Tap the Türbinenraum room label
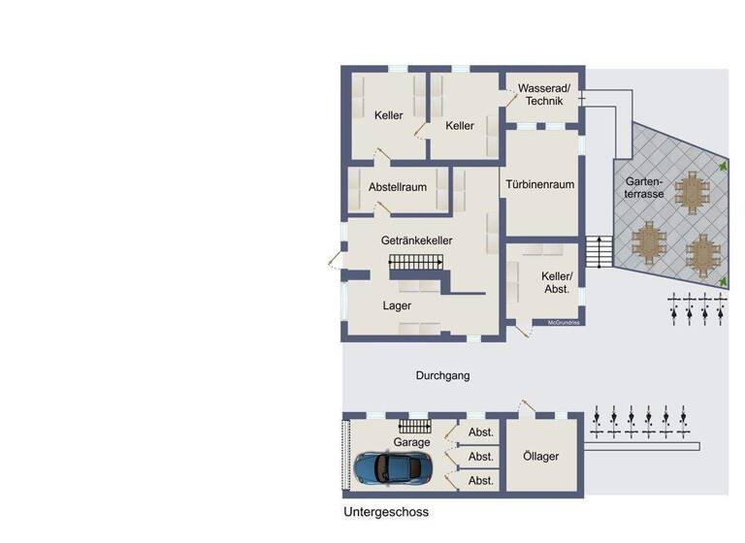tap(540, 184)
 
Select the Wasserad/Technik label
tap(544, 94)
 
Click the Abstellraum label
tap(398, 186)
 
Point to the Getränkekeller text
tap(417, 240)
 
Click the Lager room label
tap(397, 305)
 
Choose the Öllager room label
tap(540, 457)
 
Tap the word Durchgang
tap(442, 375)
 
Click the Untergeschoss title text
tap(385, 512)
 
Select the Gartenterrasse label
tap(644, 187)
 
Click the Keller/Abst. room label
tap(556, 282)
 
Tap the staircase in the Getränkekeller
tap(415, 262)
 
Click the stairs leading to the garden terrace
tap(599, 252)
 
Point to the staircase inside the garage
tap(414, 427)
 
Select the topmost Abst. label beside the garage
tap(481, 432)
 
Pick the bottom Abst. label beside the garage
tap(481, 481)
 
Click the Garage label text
tap(411, 442)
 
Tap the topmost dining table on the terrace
tap(692, 191)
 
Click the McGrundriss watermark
tap(564, 322)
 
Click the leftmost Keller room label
tap(388, 115)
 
